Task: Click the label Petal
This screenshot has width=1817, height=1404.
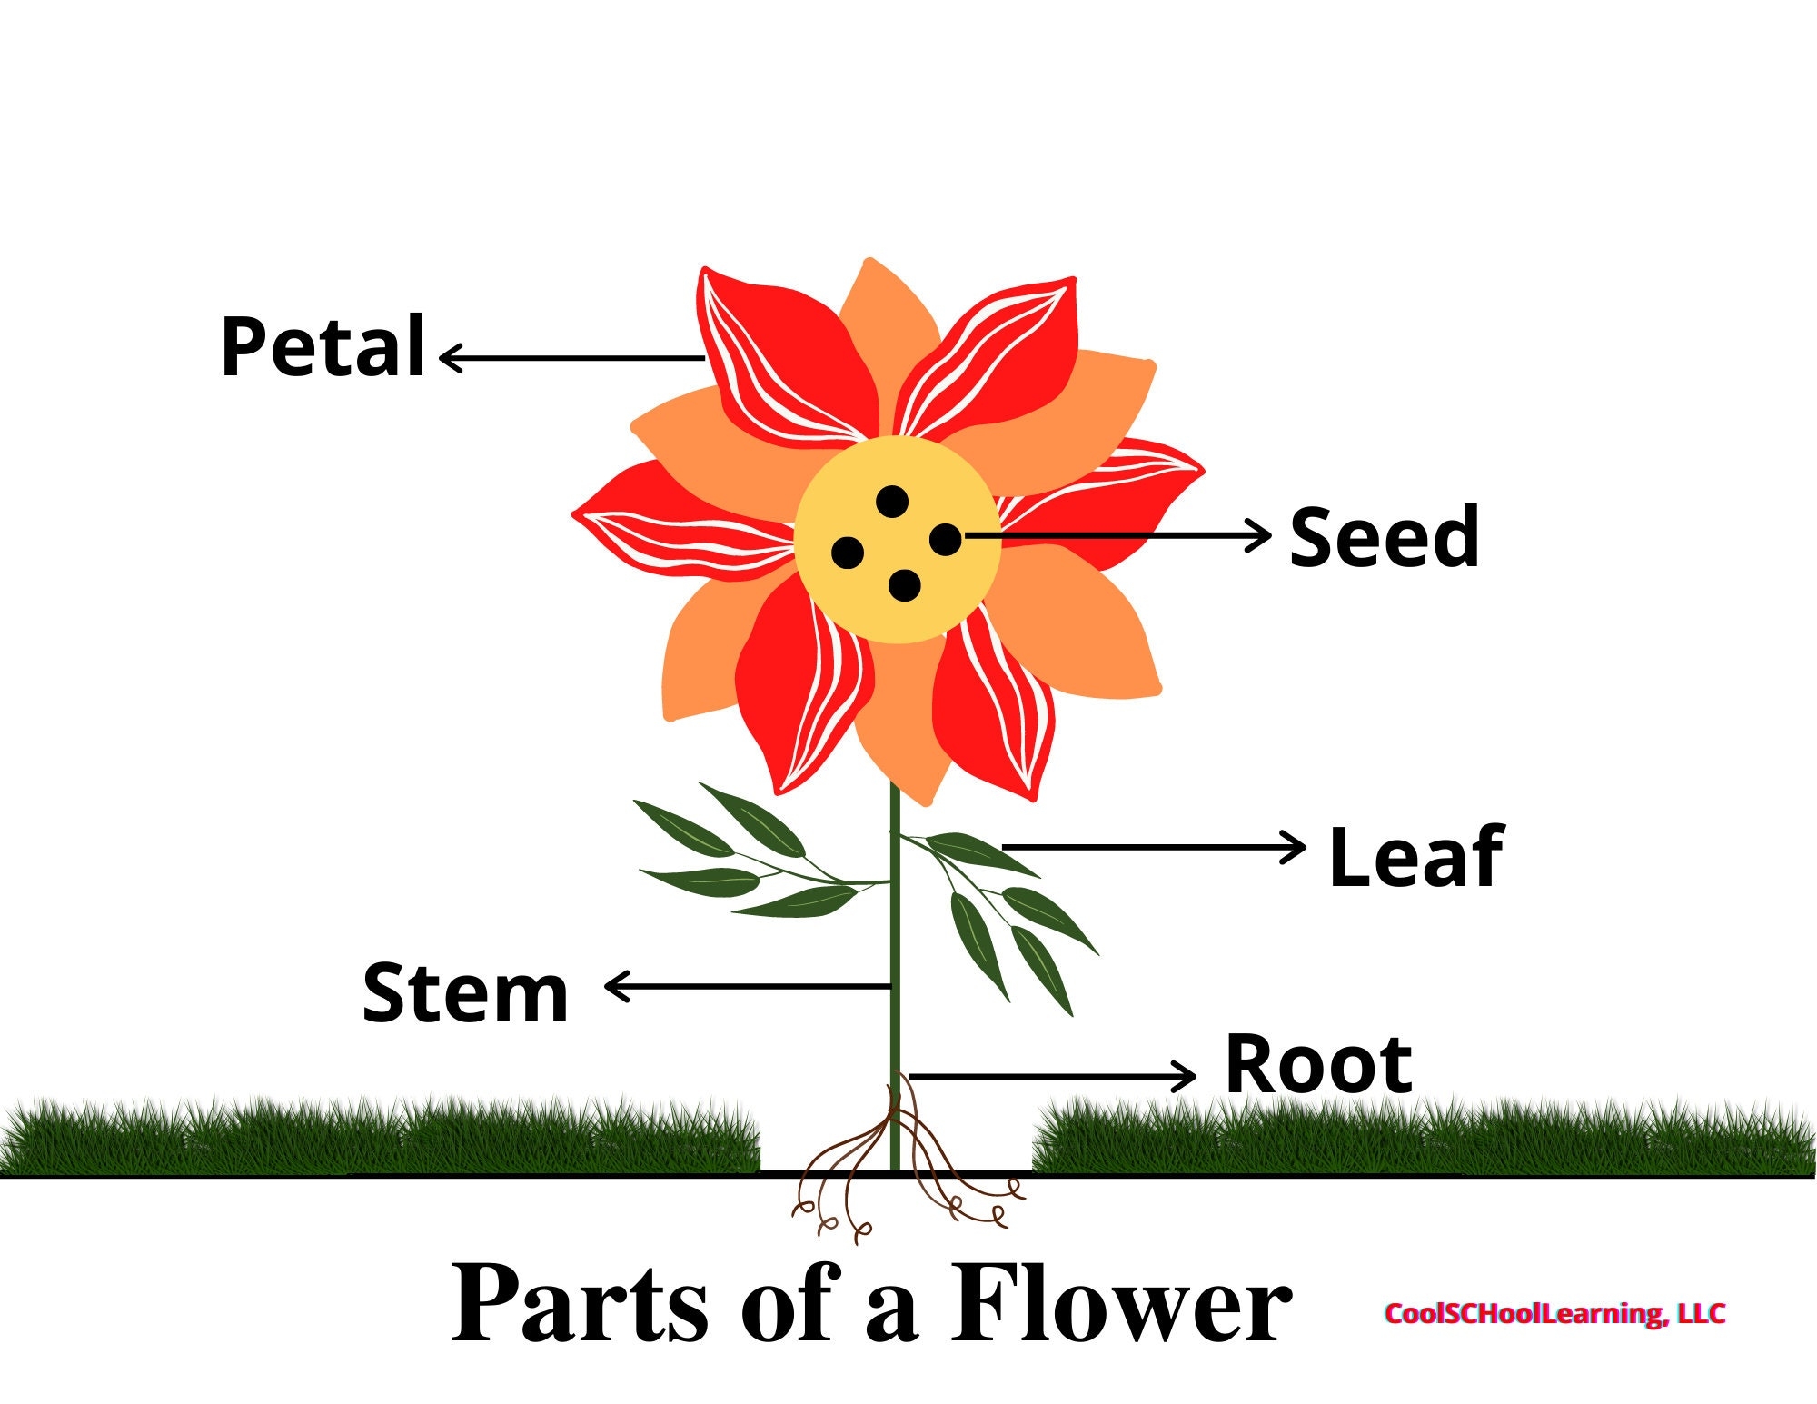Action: [323, 347]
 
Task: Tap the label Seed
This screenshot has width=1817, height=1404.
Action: [1384, 538]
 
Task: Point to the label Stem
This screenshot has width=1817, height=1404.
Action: [465, 993]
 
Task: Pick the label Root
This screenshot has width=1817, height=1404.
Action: [1318, 1065]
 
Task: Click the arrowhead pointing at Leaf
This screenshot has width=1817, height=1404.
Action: [1297, 847]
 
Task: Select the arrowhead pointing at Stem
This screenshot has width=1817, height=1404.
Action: [614, 986]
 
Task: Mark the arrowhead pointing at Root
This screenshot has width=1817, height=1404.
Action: [1187, 1077]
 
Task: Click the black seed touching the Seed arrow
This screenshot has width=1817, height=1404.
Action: [945, 540]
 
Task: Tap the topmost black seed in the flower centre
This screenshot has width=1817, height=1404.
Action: [892, 501]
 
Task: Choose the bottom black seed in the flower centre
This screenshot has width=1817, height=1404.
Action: [904, 585]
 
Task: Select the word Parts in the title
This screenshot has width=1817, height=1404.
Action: [580, 1305]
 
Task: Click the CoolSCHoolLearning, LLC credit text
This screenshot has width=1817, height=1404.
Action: [1554, 1313]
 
